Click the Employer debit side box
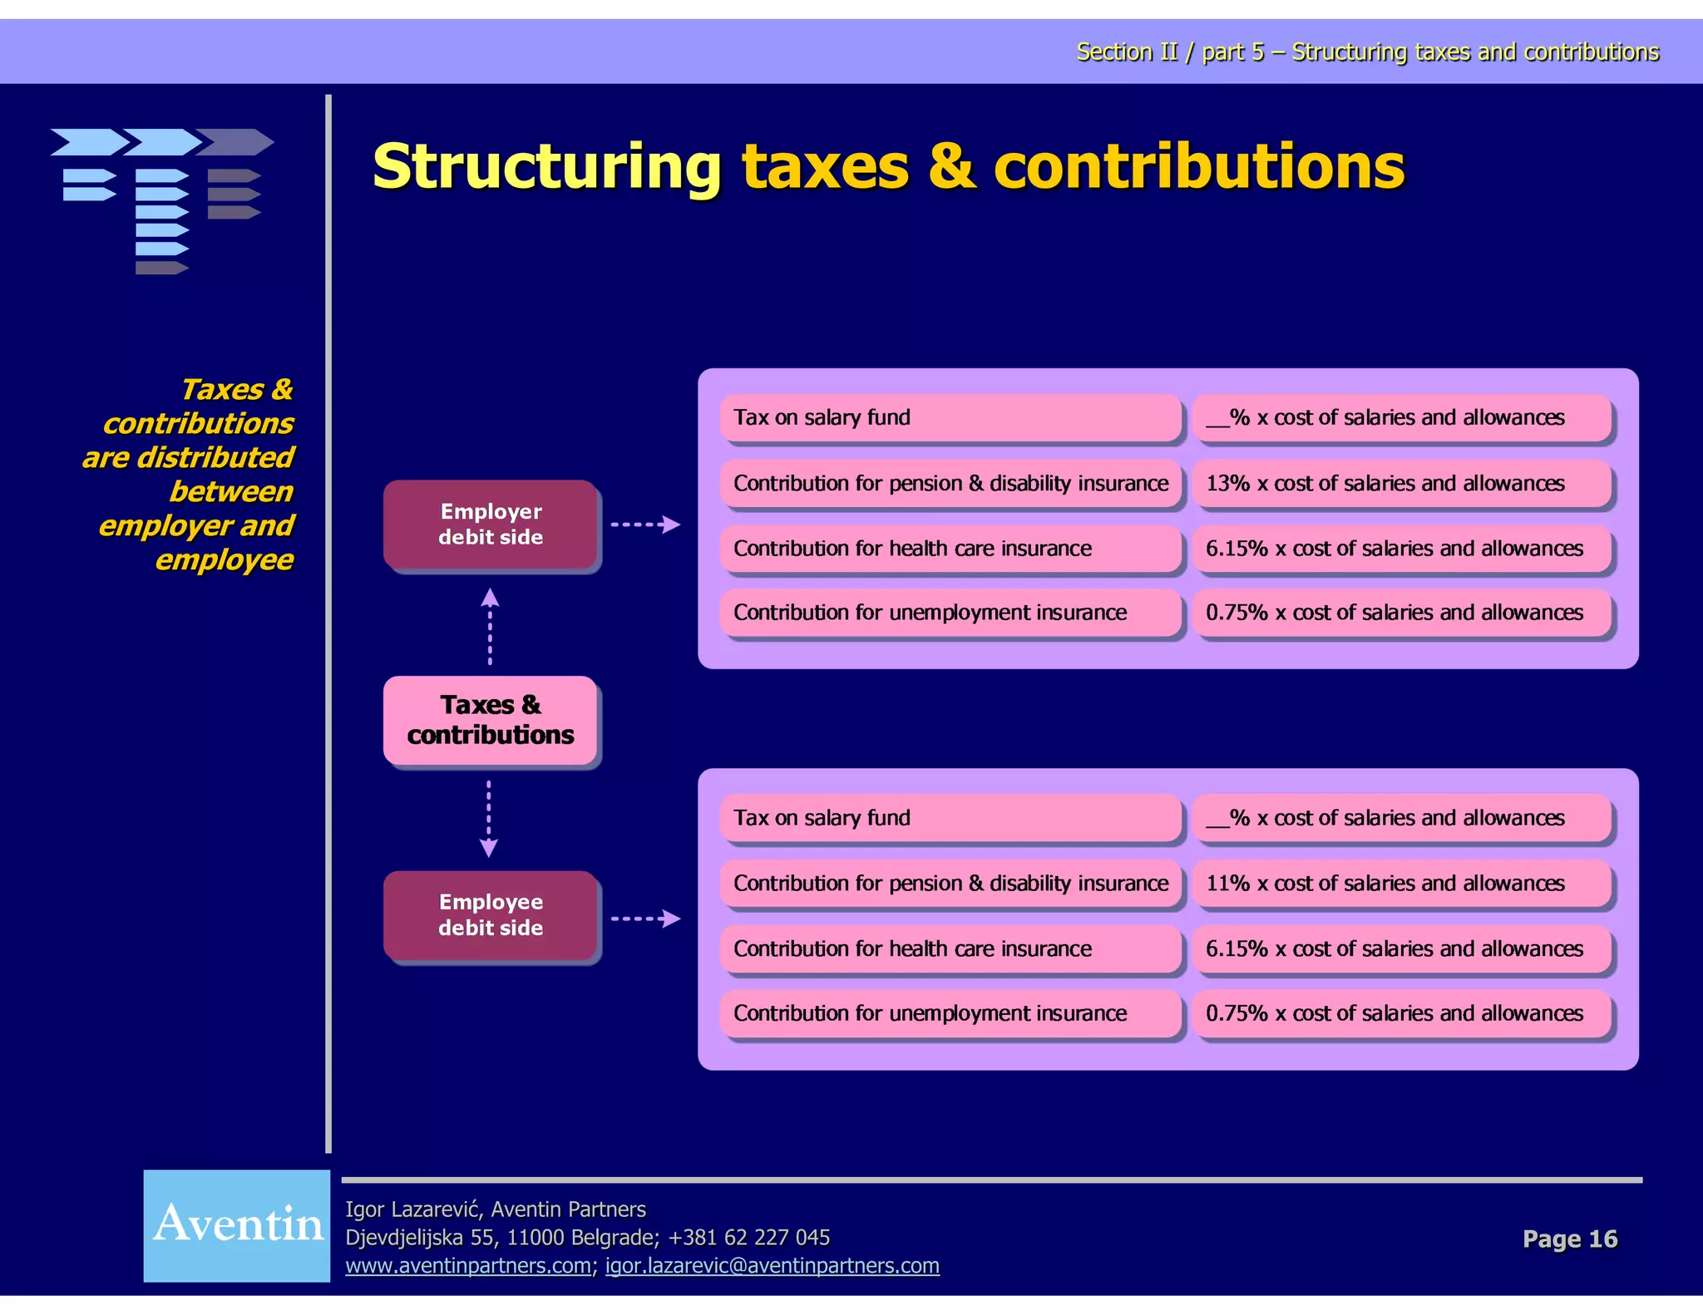pyautogui.click(x=491, y=525)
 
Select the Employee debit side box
pyautogui.click(x=491, y=915)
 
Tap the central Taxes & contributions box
pyautogui.click(x=491, y=720)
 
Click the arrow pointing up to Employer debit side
pyautogui.click(x=490, y=625)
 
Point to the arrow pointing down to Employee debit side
pyautogui.click(x=489, y=818)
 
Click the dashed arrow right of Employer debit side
pyautogui.click(x=645, y=525)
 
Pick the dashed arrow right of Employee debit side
pyautogui.click(x=645, y=919)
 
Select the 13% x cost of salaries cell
pyautogui.click(x=1402, y=484)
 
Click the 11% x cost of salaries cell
pyautogui.click(x=1402, y=884)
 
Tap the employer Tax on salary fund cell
pyautogui.click(x=950, y=417)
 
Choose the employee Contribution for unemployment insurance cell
pyautogui.click(x=950, y=1013)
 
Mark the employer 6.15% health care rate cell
pyautogui.click(x=1402, y=549)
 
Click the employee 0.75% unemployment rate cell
pyautogui.click(x=1402, y=1013)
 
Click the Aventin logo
pyautogui.click(x=237, y=1225)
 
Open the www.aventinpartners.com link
pyautogui.click(x=468, y=1266)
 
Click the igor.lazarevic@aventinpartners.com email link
pyautogui.click(x=772, y=1266)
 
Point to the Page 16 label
pyautogui.click(x=1570, y=1239)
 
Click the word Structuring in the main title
pyautogui.click(x=547, y=167)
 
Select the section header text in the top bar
pyautogui.click(x=1367, y=52)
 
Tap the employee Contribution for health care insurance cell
pyautogui.click(x=950, y=948)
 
